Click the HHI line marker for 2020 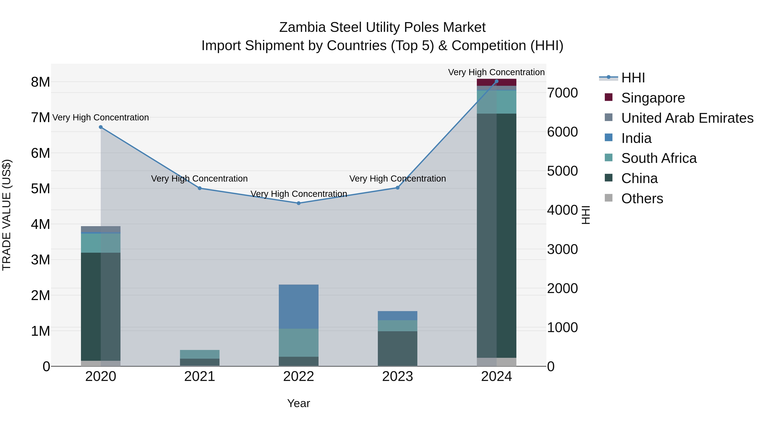[x=101, y=127]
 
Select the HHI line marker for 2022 [x=299, y=203]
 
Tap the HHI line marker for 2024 [x=497, y=81]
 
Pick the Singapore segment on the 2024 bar [x=497, y=82]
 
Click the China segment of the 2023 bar [x=397, y=348]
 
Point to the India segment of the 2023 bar [x=397, y=316]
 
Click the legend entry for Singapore [x=653, y=98]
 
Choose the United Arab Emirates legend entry [x=687, y=118]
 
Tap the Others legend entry [x=642, y=199]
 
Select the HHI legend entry [x=633, y=78]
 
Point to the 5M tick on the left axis [x=40, y=188]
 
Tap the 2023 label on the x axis [x=397, y=376]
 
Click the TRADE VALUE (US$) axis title [x=7, y=215]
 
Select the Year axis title [x=299, y=403]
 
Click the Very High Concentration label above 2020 [x=101, y=117]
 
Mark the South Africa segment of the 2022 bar [x=299, y=343]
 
